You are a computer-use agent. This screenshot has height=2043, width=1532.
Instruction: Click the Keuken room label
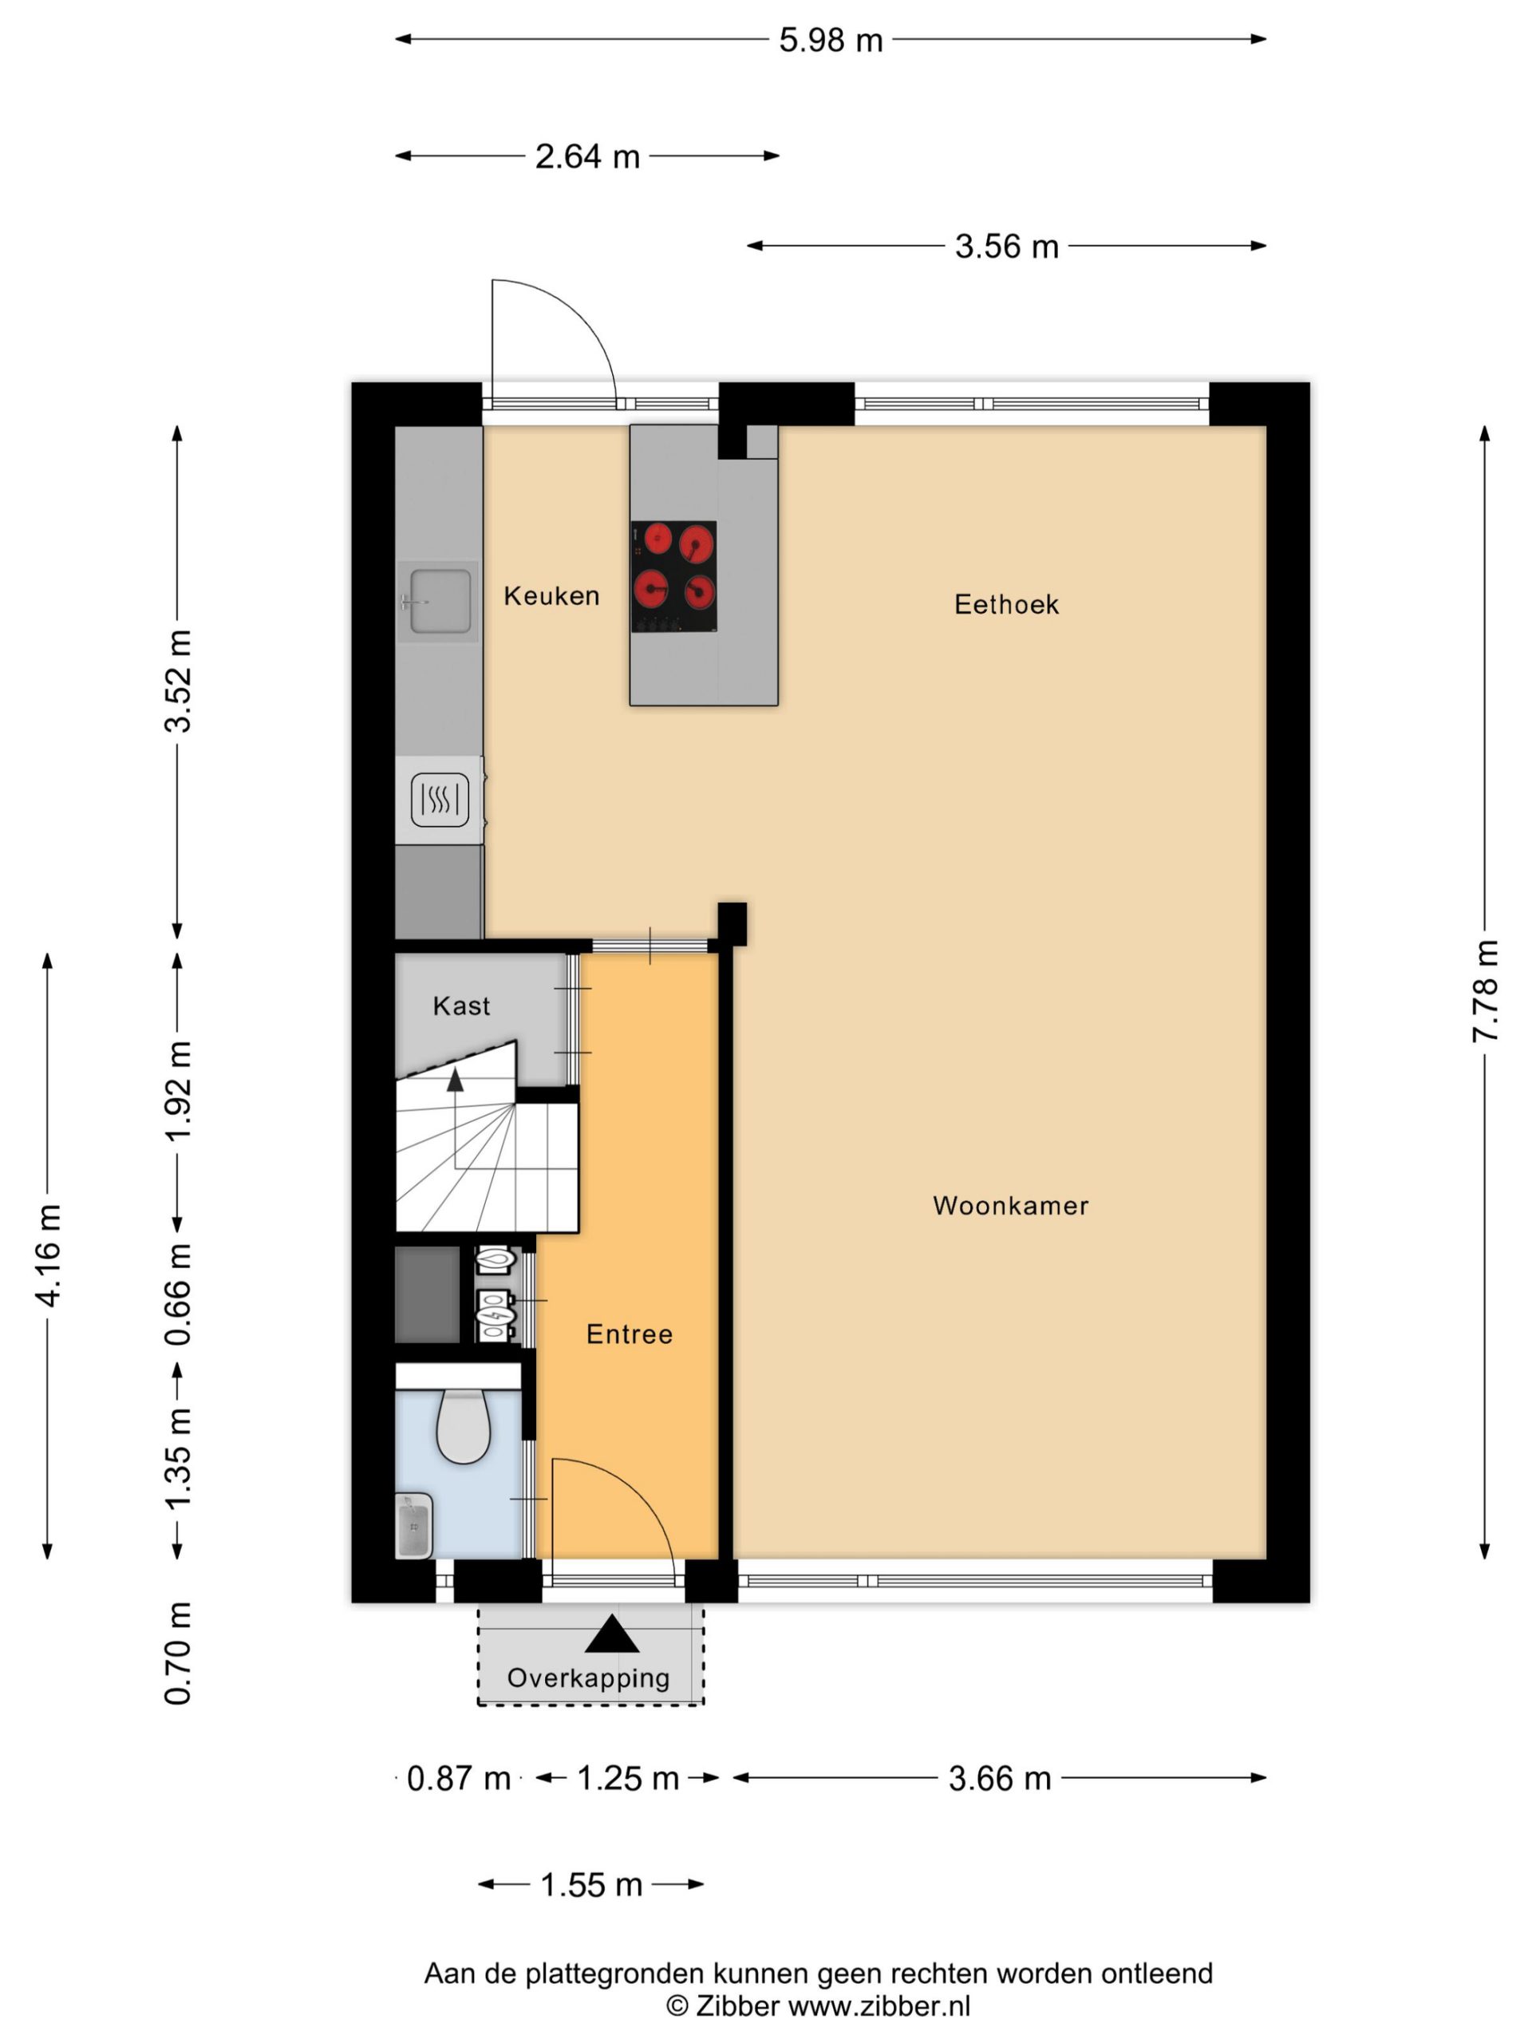(x=551, y=595)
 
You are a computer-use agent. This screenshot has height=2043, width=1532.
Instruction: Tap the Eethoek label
(x=1005, y=604)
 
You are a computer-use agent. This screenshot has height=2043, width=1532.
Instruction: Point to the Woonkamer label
(x=1010, y=1205)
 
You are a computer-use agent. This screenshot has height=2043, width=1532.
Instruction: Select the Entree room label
(x=629, y=1334)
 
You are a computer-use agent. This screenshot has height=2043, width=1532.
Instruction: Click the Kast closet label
(x=461, y=1006)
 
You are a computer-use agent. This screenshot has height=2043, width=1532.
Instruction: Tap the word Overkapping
(x=588, y=1678)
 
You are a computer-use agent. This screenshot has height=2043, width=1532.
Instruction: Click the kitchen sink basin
(x=440, y=601)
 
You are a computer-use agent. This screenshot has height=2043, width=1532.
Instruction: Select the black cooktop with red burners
(x=673, y=576)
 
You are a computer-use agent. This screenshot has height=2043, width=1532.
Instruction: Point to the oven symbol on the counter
(x=440, y=799)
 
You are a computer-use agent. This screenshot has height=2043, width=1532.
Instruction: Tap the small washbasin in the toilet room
(x=413, y=1526)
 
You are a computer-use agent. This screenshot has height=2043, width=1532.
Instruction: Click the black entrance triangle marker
(x=611, y=1634)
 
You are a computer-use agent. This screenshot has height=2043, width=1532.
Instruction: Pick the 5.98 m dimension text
(x=830, y=40)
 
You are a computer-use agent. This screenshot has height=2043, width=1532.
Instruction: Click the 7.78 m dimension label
(x=1484, y=991)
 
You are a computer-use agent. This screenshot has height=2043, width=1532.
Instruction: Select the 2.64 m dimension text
(x=587, y=156)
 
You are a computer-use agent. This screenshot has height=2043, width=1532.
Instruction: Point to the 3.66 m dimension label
(x=1000, y=1778)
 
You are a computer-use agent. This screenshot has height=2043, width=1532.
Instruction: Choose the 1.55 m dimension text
(x=591, y=1884)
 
